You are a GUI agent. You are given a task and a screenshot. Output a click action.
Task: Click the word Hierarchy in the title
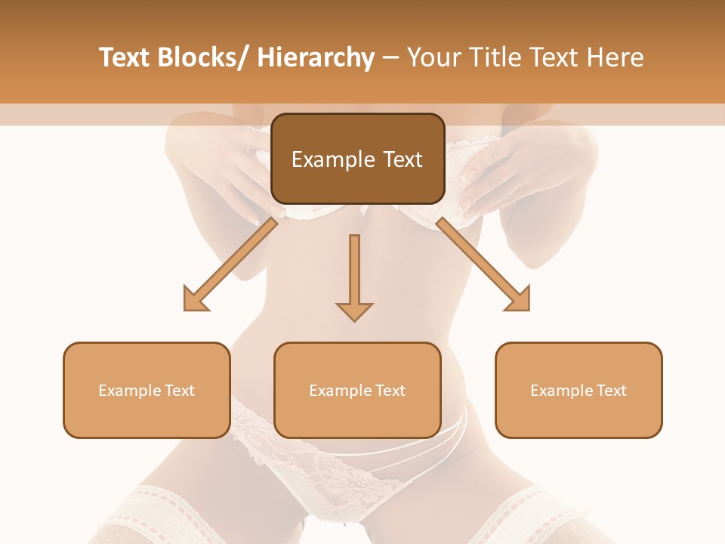316,57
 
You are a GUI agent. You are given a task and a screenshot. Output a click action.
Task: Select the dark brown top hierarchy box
357,159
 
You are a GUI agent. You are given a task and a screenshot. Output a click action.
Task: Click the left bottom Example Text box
147,390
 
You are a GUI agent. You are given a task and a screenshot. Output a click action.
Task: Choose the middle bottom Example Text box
357,390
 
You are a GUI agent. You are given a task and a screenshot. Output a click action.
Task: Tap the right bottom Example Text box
578,390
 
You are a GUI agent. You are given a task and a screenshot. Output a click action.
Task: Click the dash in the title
390,57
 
